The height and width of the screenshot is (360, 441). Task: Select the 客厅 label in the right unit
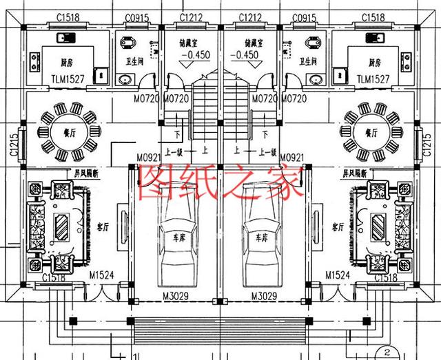338,226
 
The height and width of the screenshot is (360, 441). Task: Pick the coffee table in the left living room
61,225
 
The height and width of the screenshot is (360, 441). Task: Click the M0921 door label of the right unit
293,158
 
